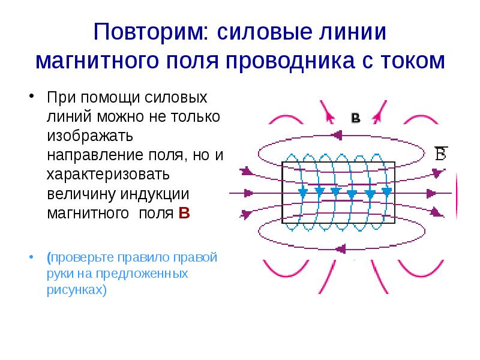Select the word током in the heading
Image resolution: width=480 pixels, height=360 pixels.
410,61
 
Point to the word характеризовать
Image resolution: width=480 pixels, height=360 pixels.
110,175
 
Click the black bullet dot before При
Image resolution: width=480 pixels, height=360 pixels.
31,97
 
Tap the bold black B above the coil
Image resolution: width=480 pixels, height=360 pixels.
355,119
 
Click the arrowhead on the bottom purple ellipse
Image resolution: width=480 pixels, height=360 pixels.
343,248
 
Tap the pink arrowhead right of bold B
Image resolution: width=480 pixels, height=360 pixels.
377,113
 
